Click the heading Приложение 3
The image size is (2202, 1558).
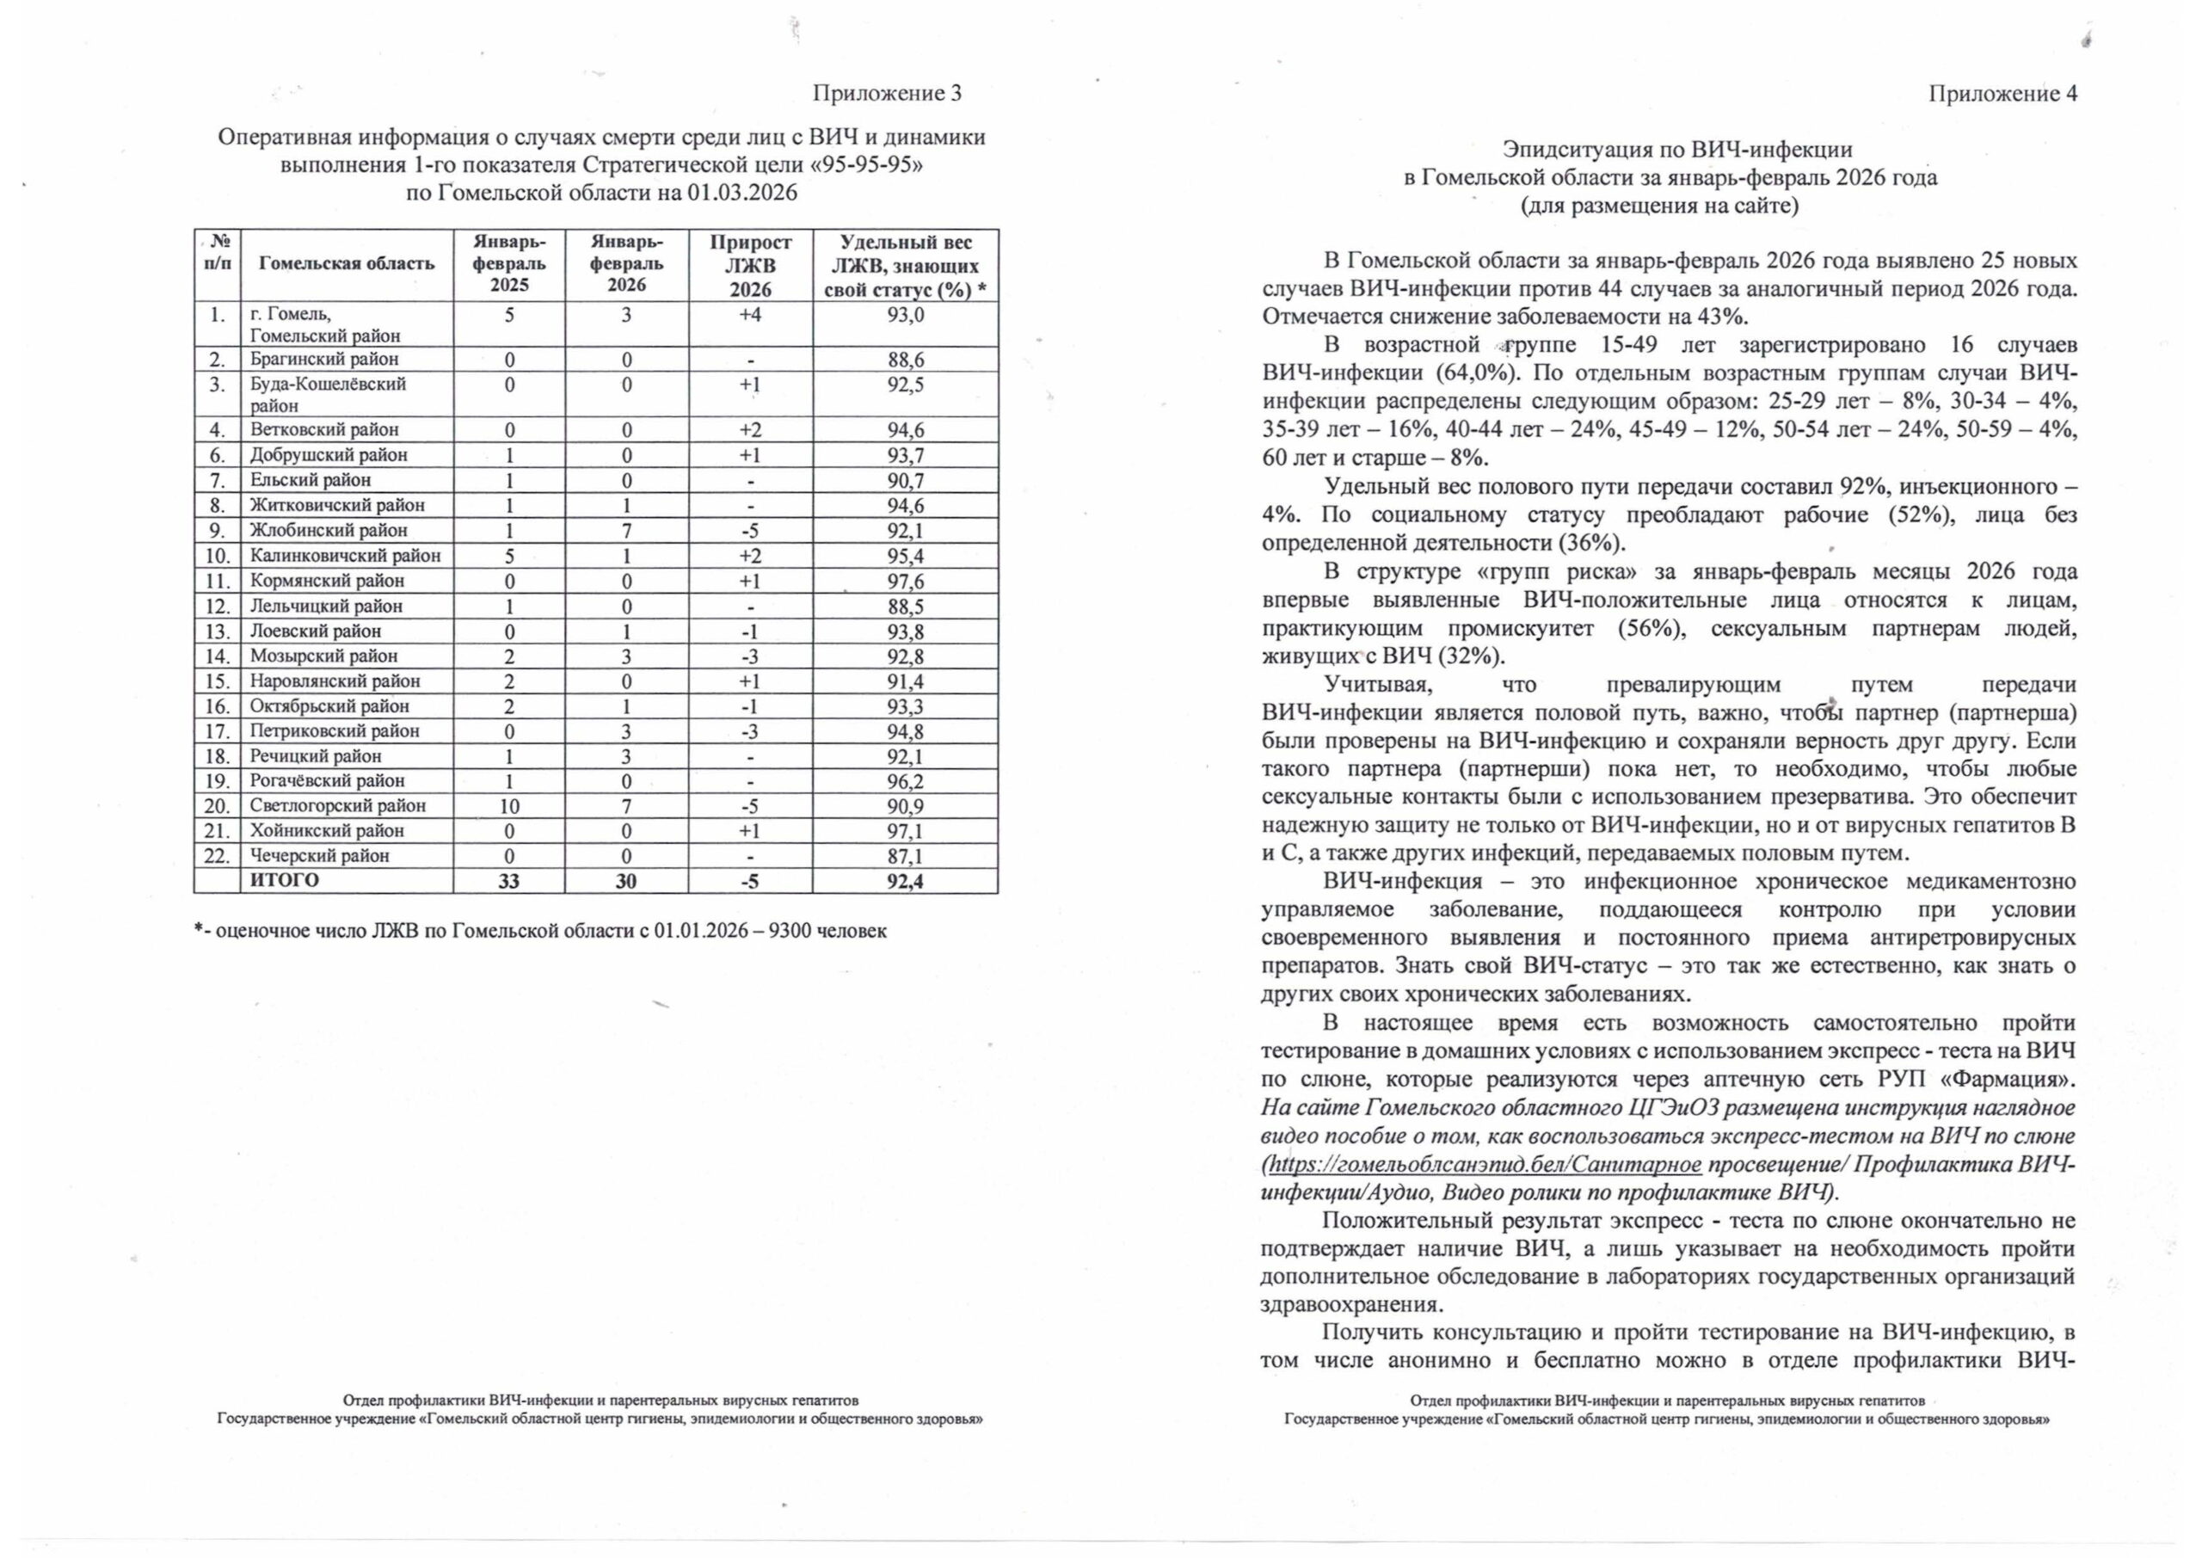coord(886,93)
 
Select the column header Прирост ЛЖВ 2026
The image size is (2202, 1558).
coord(750,266)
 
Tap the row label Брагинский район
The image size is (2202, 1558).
coord(324,360)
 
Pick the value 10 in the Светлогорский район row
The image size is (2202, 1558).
coord(509,806)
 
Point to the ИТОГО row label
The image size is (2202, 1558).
coord(285,881)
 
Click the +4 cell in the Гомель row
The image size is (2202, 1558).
coord(750,315)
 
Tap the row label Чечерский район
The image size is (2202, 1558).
coord(319,856)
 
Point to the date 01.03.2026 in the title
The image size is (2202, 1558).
coord(742,193)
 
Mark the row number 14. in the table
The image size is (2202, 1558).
coord(218,657)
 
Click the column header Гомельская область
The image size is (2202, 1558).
coord(347,264)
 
